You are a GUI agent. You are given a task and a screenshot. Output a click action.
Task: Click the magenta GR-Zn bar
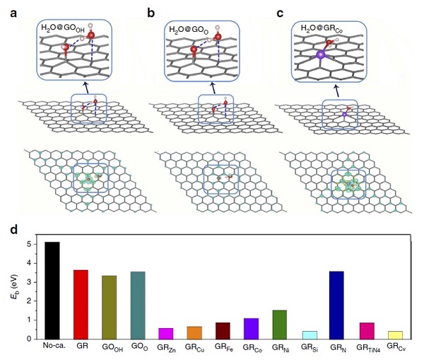[x=165, y=333]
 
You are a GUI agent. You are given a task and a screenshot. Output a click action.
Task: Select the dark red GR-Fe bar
[x=223, y=330]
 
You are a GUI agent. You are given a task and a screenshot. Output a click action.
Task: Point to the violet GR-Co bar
[x=251, y=328]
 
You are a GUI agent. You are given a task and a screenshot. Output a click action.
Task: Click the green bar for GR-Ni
[x=279, y=324]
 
